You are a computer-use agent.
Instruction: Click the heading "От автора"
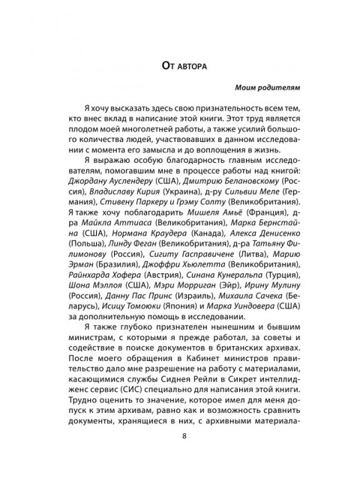coord(179,67)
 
